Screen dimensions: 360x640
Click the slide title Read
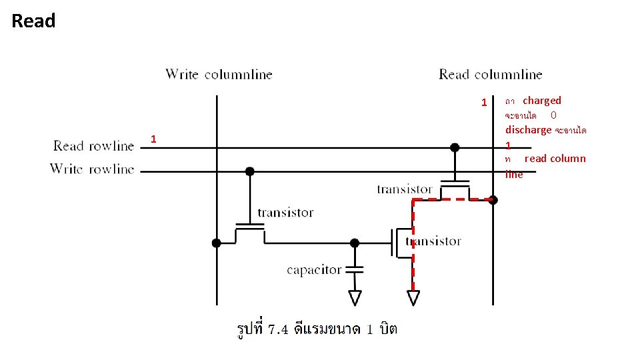[33, 21]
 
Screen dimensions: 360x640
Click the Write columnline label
[219, 74]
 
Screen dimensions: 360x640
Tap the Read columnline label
[490, 74]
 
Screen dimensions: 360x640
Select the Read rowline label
[93, 145]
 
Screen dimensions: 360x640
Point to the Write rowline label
[92, 169]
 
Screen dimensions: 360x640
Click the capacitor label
[314, 269]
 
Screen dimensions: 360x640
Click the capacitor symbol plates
[355, 269]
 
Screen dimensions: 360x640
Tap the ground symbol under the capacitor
[355, 297]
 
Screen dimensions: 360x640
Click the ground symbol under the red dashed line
[413, 297]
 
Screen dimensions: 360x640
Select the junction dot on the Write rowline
[250, 171]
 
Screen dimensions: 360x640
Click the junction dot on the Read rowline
[455, 147]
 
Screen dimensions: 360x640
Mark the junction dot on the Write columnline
[217, 243]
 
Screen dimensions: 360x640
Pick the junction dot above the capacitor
[355, 243]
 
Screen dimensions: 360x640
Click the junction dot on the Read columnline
[493, 199]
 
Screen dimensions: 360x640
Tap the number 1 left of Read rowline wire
[153, 139]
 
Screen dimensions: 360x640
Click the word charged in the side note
[542, 101]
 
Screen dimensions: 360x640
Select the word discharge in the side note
[528, 129]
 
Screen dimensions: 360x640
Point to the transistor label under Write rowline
[285, 212]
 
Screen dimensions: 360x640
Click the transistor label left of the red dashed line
[404, 189]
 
